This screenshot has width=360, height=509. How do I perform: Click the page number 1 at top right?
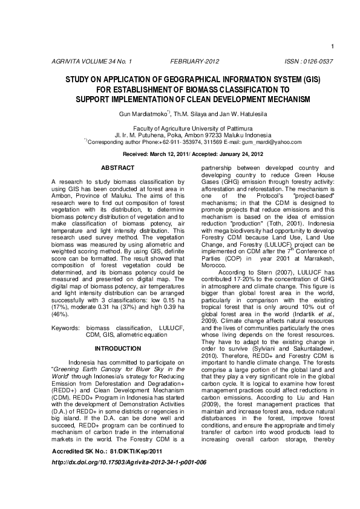pos(333,47)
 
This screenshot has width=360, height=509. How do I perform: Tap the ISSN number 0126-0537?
pos(309,62)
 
